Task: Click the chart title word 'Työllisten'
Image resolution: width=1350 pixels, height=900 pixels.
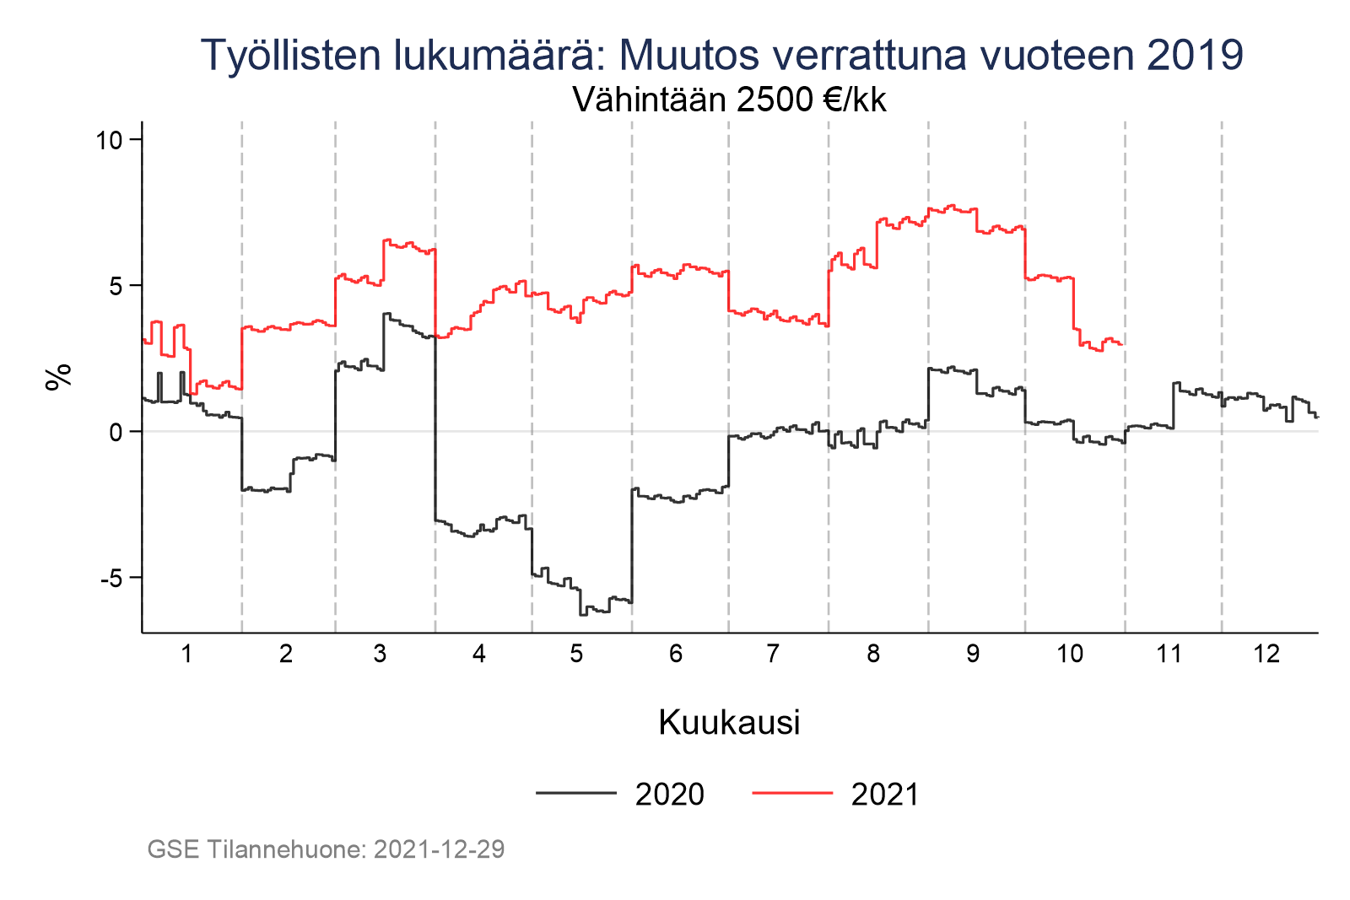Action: tap(291, 56)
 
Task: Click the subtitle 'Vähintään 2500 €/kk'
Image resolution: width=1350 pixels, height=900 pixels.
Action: tap(729, 100)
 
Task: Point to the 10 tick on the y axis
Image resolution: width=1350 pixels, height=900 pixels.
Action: tap(110, 140)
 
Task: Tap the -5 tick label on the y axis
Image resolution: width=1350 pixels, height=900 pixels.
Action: tap(111, 579)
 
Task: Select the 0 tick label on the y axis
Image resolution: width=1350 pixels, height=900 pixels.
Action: tap(116, 433)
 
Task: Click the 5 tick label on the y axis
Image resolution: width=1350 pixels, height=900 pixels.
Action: tap(116, 286)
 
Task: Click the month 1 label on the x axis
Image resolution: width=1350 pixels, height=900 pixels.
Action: tap(186, 654)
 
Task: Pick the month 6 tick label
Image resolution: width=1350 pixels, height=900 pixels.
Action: tap(676, 654)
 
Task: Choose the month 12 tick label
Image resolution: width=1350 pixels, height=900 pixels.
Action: tap(1266, 654)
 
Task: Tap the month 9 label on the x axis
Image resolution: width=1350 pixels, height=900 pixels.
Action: tap(973, 654)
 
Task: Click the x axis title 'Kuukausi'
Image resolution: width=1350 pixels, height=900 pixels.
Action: tap(729, 723)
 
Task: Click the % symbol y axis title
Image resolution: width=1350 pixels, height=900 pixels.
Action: tap(59, 378)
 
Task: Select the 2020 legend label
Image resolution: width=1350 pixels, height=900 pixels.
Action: tap(669, 795)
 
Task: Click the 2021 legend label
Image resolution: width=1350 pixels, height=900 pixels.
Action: tap(884, 795)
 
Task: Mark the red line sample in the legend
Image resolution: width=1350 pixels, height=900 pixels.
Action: tap(791, 793)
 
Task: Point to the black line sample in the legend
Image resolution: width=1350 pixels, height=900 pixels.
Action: tap(575, 793)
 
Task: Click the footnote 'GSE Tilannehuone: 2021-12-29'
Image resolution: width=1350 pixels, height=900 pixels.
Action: tap(326, 849)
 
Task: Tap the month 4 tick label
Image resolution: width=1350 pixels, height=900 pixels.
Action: tap(479, 654)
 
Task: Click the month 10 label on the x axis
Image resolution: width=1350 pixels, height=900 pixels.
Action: tap(1069, 654)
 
